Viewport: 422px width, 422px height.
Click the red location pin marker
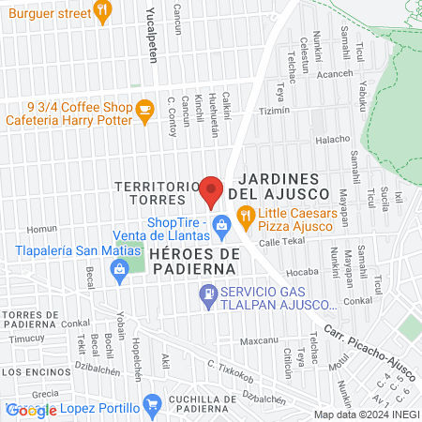click(x=211, y=190)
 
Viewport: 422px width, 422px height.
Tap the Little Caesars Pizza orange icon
click(x=246, y=219)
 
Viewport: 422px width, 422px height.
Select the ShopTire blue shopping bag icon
click(x=222, y=224)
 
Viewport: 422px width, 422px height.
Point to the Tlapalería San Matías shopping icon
click(x=119, y=270)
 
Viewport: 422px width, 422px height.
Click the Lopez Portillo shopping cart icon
click(x=152, y=405)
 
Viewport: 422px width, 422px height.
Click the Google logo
click(x=31, y=410)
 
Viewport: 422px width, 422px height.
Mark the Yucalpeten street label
click(x=152, y=38)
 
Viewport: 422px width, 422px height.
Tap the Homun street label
click(x=42, y=229)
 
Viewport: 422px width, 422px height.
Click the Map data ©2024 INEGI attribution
click(x=366, y=414)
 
